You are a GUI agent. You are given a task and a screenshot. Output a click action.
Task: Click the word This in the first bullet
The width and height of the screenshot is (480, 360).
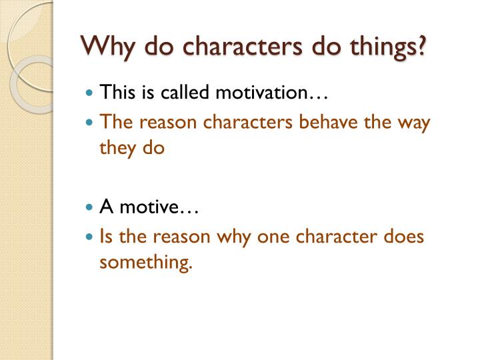click(116, 93)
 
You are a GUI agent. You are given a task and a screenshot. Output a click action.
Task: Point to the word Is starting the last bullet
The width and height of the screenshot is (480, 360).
click(106, 237)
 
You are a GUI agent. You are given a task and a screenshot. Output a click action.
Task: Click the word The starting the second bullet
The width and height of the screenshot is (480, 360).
click(114, 123)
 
